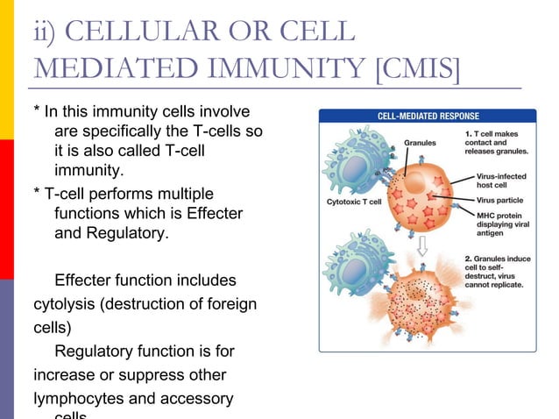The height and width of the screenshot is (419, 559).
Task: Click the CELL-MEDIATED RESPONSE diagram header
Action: [x=427, y=116]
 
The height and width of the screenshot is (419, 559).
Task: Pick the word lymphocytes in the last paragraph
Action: [x=77, y=399]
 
